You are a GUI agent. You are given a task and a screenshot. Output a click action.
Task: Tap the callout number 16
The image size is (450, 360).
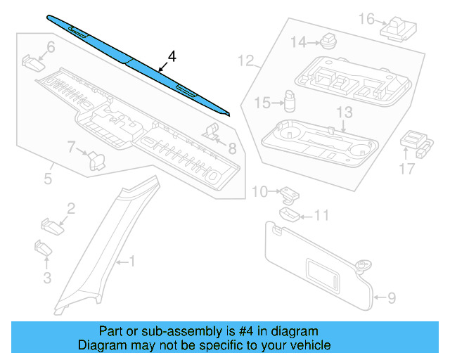point(367,18)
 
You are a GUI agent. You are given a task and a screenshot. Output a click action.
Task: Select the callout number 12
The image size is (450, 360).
point(246,60)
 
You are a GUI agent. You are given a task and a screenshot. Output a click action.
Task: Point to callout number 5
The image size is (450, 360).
point(47,179)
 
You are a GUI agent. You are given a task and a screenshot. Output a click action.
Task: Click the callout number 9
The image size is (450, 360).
point(391,297)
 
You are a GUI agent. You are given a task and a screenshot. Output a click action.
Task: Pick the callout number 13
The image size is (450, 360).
point(344,112)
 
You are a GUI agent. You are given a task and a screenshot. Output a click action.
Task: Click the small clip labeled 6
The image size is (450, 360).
point(32,62)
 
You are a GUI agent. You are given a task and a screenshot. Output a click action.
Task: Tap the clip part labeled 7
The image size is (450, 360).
point(95,160)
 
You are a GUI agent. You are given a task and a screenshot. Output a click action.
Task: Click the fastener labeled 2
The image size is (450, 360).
point(51,226)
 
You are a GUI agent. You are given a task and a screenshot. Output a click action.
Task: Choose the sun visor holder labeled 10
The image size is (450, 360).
point(288,192)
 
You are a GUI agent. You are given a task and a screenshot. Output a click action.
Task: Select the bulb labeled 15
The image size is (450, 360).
point(289,101)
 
